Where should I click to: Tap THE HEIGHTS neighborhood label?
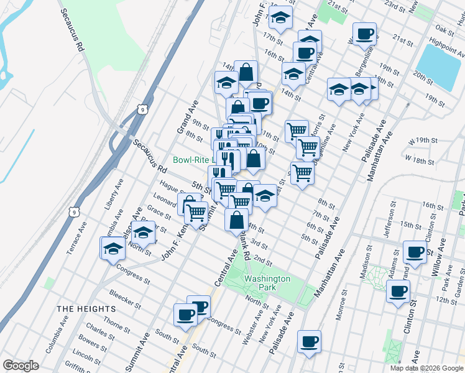[x=86, y=309]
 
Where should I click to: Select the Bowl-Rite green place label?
[x=191, y=160]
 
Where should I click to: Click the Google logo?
[x=21, y=366]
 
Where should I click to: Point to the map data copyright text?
[x=426, y=368]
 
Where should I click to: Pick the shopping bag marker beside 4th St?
[x=237, y=219]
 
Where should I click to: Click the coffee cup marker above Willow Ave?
[x=415, y=251]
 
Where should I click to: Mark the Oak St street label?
[x=445, y=29]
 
